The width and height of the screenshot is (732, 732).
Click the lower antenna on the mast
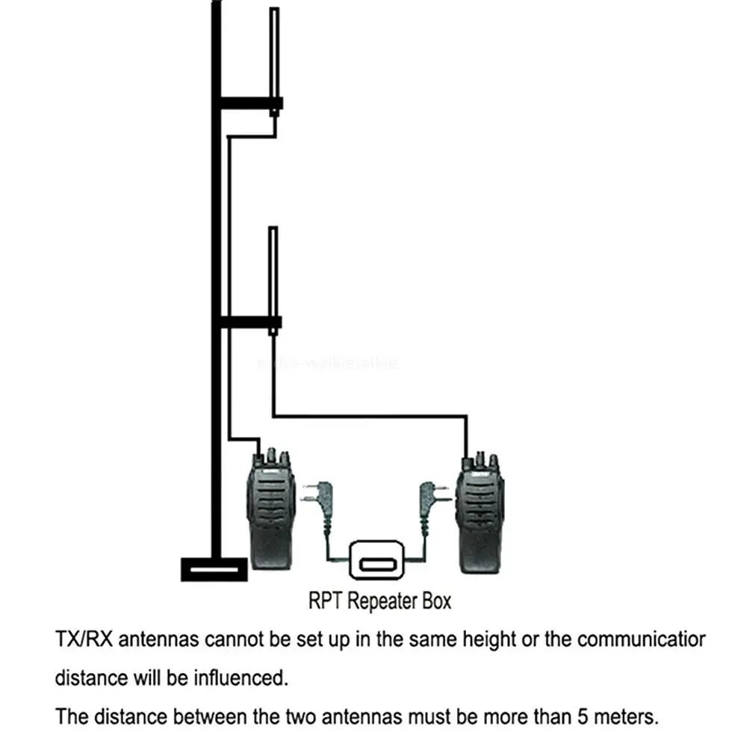coord(274,273)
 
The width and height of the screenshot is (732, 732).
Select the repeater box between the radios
coord(376,558)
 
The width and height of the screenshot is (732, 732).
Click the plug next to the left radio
coord(317,497)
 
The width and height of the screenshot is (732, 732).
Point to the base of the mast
coord(214,568)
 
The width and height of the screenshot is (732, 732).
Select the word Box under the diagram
coord(434,601)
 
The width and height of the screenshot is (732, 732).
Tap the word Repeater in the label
coord(382,601)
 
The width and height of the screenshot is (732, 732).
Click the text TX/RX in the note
coord(84,640)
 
